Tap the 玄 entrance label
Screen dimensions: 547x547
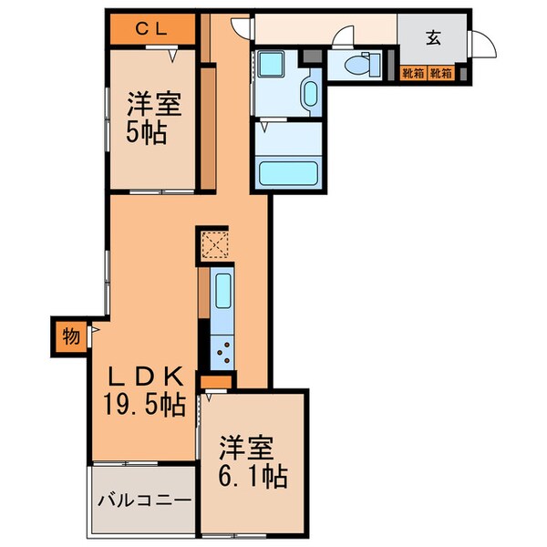pos(433,39)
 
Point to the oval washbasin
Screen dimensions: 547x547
pos(309,93)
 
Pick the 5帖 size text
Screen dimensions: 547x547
pos(146,132)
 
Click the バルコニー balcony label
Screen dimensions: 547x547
pos(144,501)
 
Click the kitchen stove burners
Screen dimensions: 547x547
pos(222,349)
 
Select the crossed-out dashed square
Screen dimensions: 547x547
pos(215,244)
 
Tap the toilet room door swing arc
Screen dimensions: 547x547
pos(345,37)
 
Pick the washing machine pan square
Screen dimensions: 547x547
pos(271,67)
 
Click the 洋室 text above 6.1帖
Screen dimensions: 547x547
pos(246,448)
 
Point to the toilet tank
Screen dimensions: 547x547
pos(382,64)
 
